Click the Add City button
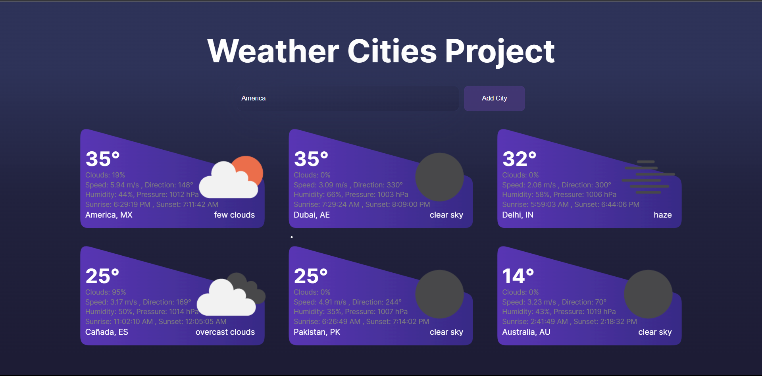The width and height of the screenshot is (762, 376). [x=494, y=98]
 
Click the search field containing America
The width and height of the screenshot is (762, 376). [x=348, y=98]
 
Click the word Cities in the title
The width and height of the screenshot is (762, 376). [x=392, y=51]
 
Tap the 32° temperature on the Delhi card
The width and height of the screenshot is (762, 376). [x=519, y=159]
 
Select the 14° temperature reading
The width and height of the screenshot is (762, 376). [x=518, y=276]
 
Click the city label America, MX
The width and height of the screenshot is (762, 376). [x=109, y=215]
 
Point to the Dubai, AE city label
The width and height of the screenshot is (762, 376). [x=312, y=215]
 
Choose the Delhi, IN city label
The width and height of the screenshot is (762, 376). [x=518, y=215]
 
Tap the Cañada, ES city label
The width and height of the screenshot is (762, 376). [x=107, y=332]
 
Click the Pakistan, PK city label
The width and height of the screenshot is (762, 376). [x=317, y=332]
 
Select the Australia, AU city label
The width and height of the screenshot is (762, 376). [x=526, y=332]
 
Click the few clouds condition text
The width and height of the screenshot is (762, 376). [x=234, y=215]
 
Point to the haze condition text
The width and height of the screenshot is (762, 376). [x=663, y=215]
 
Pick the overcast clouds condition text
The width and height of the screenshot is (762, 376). [x=225, y=332]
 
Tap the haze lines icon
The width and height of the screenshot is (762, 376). [x=648, y=177]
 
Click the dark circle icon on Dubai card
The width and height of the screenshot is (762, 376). [x=439, y=177]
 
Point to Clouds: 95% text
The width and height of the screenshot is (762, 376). [x=106, y=292]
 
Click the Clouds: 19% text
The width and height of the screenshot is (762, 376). [x=105, y=175]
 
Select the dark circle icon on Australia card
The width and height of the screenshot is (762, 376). [x=648, y=294]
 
